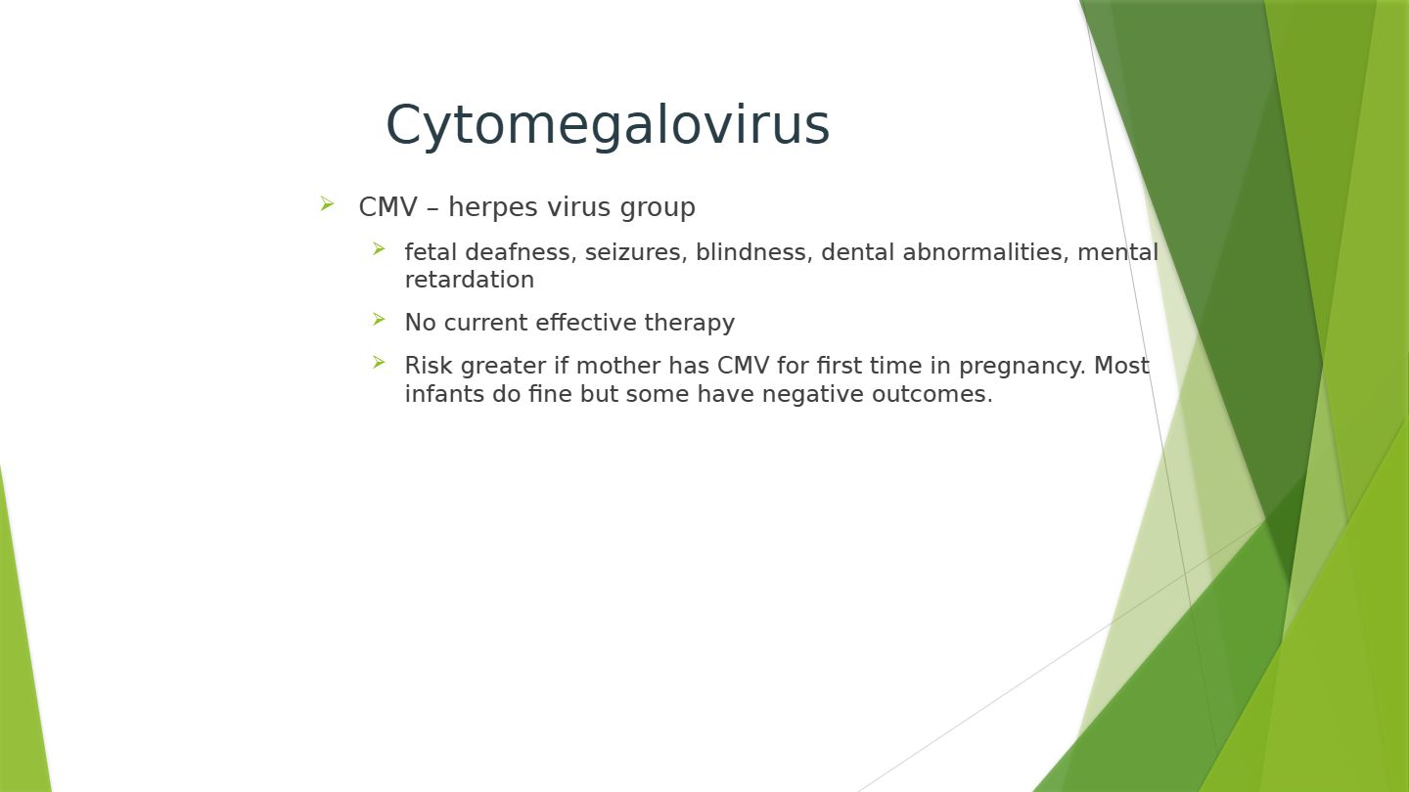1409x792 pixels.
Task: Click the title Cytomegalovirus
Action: (608, 126)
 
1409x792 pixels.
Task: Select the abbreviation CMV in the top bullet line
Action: (388, 207)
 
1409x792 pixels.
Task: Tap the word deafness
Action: (521, 252)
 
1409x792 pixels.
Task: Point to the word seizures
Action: (636, 252)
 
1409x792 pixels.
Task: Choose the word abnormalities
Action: (985, 252)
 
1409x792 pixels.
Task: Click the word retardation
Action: (470, 280)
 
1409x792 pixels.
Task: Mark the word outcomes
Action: (932, 395)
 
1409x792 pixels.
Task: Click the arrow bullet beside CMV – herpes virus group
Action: (327, 203)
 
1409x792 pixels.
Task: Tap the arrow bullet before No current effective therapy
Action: (378, 320)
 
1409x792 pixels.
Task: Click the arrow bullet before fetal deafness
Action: (378, 249)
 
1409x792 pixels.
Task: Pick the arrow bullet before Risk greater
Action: (378, 362)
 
